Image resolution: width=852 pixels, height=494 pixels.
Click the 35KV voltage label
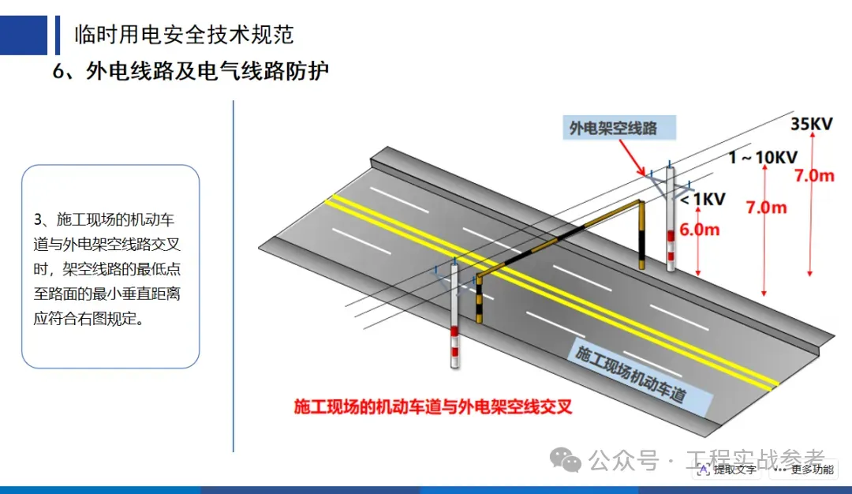[x=812, y=124]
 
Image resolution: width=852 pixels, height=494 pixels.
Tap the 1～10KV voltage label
[x=763, y=157]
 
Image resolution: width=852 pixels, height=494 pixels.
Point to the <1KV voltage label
[x=703, y=199]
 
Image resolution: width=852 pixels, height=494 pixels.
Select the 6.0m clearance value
[x=700, y=230]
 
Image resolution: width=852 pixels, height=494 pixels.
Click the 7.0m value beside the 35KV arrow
[x=814, y=176]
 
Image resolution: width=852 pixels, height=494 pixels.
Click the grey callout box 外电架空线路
[x=613, y=127]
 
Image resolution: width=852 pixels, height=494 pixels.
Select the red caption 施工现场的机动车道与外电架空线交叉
[x=432, y=407]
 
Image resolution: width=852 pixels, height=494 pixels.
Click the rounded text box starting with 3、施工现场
[x=110, y=267]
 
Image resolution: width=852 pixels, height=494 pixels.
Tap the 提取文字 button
[x=727, y=470]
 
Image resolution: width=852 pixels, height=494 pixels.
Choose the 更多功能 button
[x=805, y=470]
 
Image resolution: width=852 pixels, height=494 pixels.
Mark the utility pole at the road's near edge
[x=454, y=316]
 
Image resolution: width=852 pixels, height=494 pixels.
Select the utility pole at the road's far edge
[x=671, y=221]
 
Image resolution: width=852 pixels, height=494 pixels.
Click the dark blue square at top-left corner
[x=24, y=35]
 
